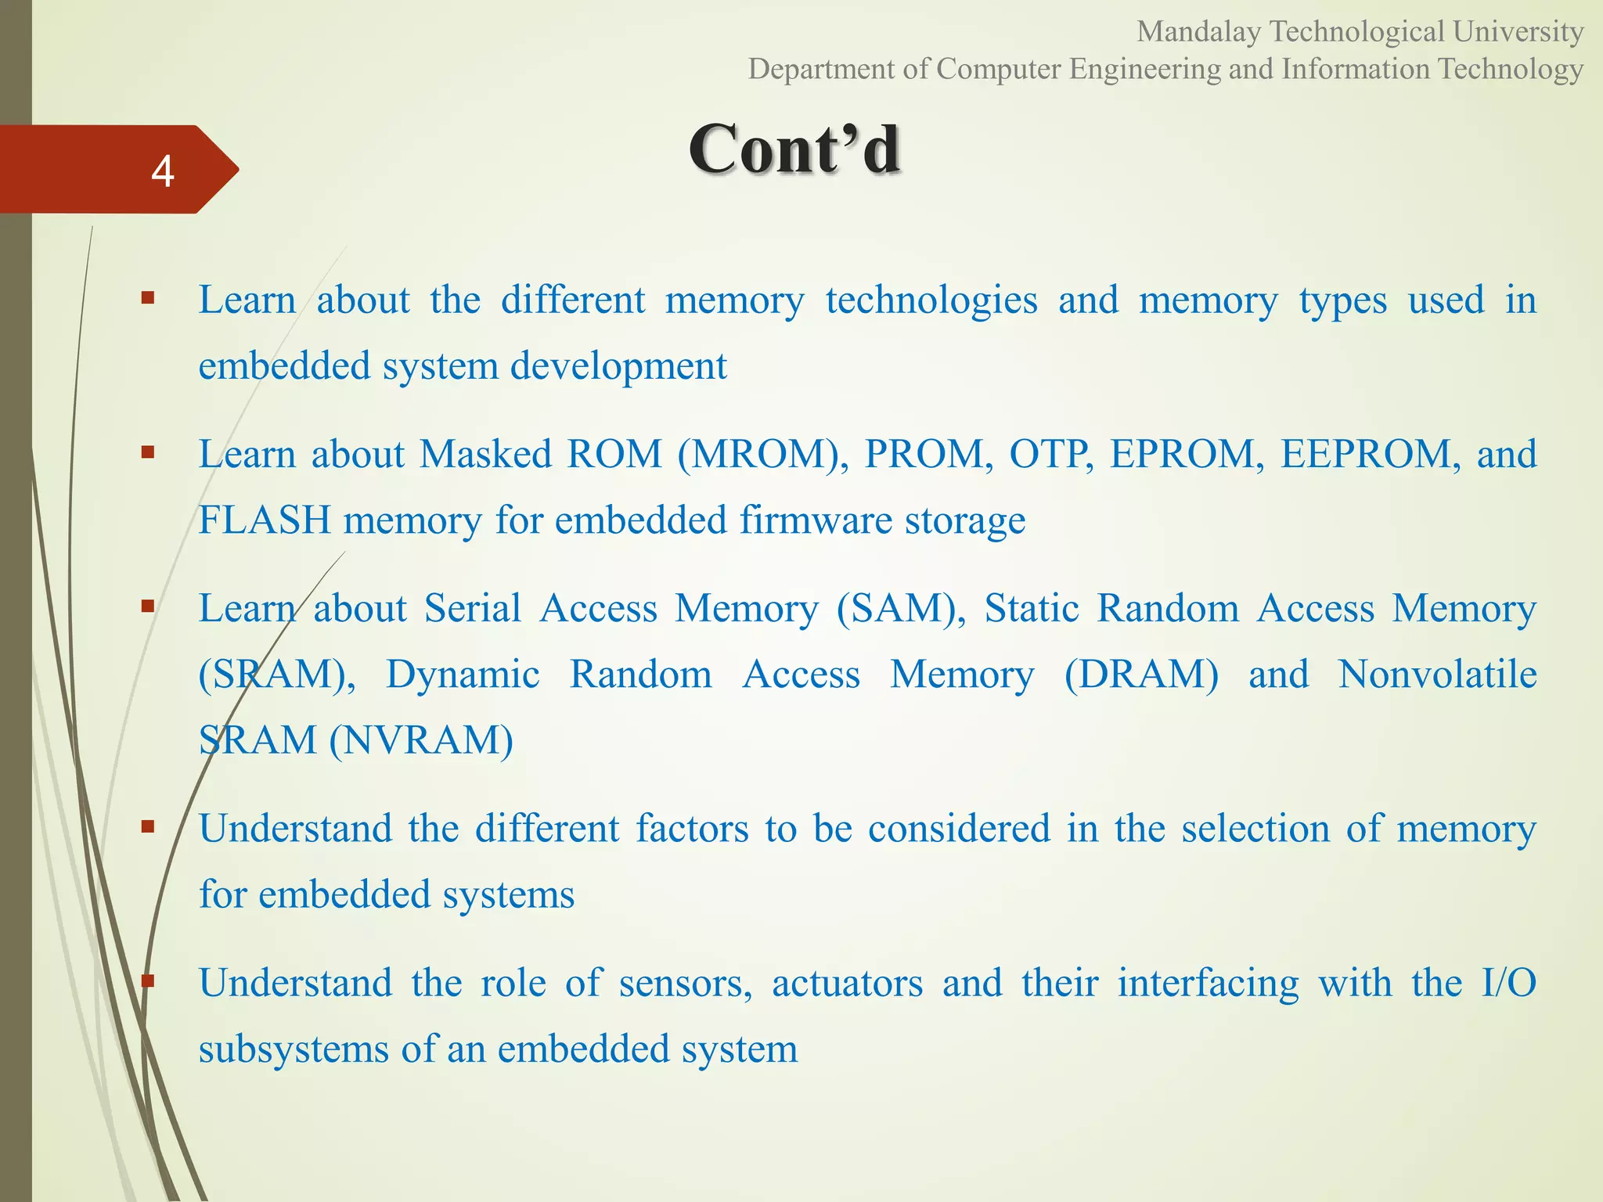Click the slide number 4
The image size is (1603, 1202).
(x=162, y=171)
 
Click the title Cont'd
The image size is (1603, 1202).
(x=794, y=149)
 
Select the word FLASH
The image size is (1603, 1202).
(x=264, y=520)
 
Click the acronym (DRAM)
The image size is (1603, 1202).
(x=1141, y=675)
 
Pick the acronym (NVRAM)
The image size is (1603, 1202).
(x=421, y=740)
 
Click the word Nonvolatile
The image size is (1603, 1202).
(x=1437, y=675)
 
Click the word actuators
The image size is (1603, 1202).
(x=847, y=983)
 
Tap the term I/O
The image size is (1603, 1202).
(x=1509, y=983)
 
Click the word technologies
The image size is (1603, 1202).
(x=931, y=300)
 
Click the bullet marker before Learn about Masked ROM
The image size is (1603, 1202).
(x=147, y=452)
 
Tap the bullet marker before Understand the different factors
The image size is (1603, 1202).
(x=147, y=826)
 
